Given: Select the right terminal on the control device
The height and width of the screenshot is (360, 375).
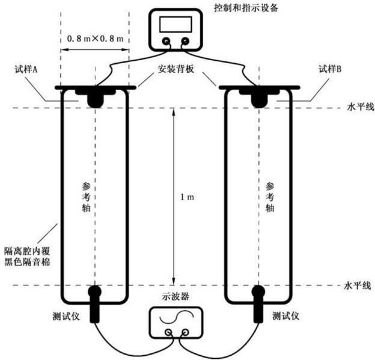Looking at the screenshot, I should (184, 42).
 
